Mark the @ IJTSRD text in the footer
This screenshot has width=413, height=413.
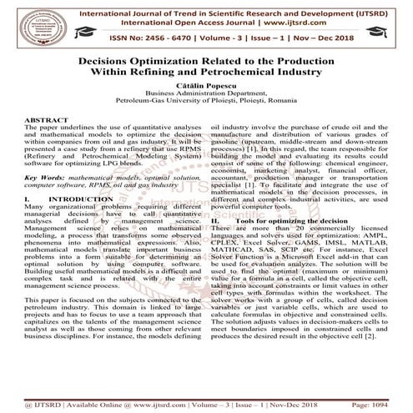pos(33,405)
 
